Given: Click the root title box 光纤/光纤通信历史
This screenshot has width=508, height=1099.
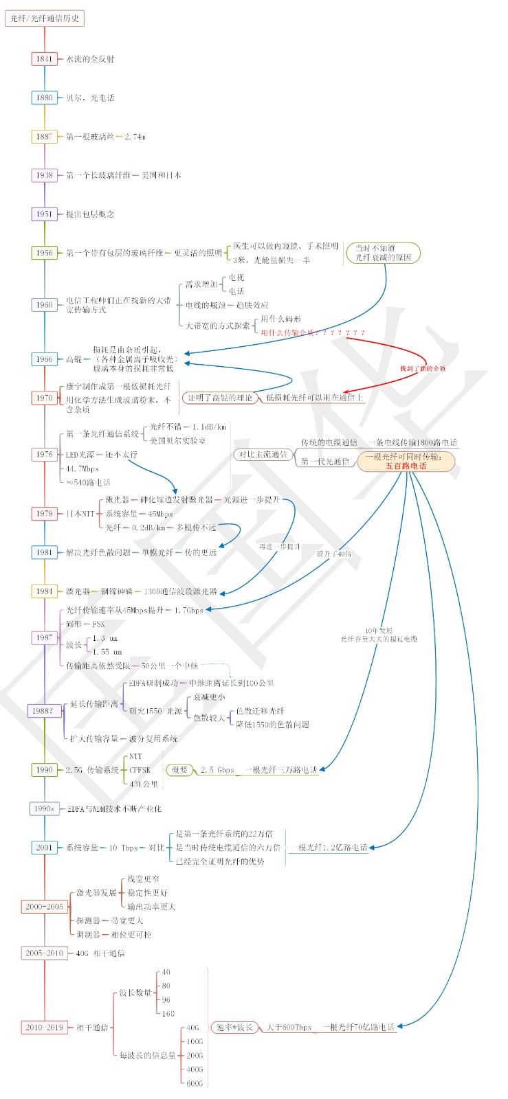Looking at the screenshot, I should [45, 19].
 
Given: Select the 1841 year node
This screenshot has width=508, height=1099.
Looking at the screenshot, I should [45, 59].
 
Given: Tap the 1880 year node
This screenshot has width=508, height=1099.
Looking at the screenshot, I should [45, 98].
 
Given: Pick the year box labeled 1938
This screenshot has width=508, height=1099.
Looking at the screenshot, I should [45, 175].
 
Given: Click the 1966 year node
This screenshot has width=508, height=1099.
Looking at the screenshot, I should [45, 359].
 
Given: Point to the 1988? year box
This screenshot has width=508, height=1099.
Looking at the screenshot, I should [43, 711].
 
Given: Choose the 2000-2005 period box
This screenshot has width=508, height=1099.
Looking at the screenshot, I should [45, 907].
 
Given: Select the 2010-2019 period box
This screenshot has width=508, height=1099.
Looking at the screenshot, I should [45, 1028].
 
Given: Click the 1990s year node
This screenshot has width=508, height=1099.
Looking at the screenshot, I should [45, 808].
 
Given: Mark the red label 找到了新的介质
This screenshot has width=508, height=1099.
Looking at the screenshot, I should [423, 369].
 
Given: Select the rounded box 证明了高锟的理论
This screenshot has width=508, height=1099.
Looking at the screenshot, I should [220, 398].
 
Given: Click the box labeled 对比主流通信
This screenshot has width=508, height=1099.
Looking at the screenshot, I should [263, 455].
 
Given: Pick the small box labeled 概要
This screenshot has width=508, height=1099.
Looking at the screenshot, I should [179, 770].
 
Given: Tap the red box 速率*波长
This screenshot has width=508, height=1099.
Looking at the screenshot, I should [234, 1028].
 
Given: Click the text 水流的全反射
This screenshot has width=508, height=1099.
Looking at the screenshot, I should [90, 59].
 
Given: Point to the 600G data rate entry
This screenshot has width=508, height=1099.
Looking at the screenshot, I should [195, 1083].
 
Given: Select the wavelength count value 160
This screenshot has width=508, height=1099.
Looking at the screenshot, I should [168, 1014].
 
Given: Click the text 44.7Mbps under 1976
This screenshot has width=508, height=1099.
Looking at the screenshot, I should [82, 468].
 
